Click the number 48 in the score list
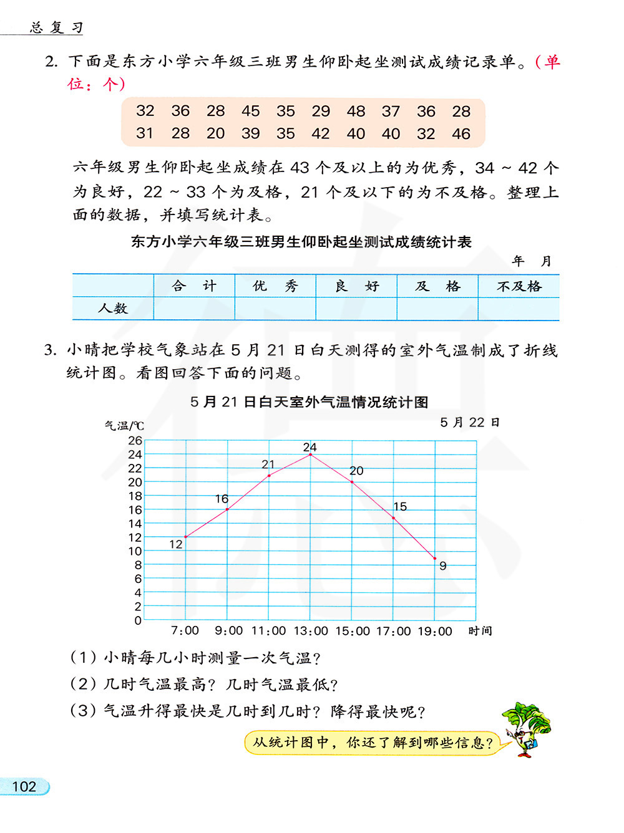click(x=356, y=111)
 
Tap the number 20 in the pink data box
click(x=215, y=133)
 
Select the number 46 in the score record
click(x=461, y=133)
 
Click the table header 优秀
click(x=275, y=286)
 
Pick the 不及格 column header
click(x=519, y=286)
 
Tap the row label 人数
click(x=113, y=308)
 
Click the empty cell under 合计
click(x=194, y=309)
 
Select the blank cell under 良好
click(x=356, y=309)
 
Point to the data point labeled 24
click(x=311, y=455)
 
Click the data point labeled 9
click(x=435, y=558)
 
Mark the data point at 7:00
click(x=186, y=537)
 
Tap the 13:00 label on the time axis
click(x=311, y=631)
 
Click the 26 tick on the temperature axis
click(x=135, y=440)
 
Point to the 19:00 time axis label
click(x=435, y=631)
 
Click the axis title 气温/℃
click(x=124, y=426)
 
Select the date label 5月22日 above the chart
click(x=470, y=423)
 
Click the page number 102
click(x=24, y=787)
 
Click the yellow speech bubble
click(x=373, y=743)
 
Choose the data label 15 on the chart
click(x=400, y=506)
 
